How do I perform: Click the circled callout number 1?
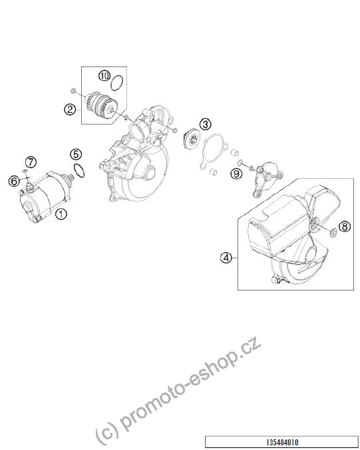click(61, 214)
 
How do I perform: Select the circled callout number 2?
click(70, 110)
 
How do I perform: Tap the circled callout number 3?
click(205, 124)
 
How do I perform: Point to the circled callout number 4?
click(226, 258)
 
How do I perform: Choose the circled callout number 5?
click(76, 154)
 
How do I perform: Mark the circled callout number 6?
click(14, 181)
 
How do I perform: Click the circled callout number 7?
click(31, 162)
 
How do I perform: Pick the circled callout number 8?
click(345, 227)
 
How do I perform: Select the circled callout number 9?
click(236, 173)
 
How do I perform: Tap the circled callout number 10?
click(104, 76)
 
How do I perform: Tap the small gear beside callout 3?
click(192, 139)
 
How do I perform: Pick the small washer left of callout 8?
click(333, 233)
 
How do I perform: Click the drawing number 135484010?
click(282, 442)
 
